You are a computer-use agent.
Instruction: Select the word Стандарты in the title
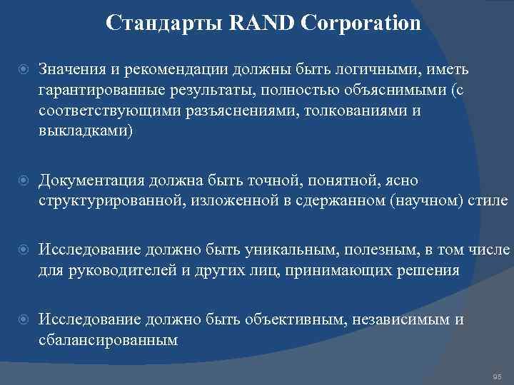click(166, 24)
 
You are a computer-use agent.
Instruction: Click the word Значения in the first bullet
click(71, 68)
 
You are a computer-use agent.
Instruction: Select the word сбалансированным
click(108, 340)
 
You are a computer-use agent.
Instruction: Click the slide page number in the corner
click(498, 376)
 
